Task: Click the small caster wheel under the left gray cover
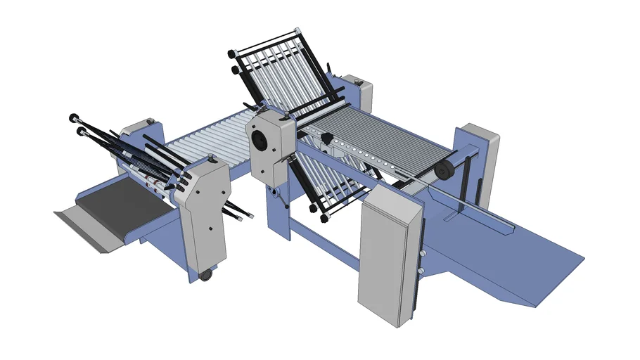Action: (x=205, y=275)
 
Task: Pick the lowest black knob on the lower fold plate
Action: (x=324, y=219)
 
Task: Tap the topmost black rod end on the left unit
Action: (x=73, y=117)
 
